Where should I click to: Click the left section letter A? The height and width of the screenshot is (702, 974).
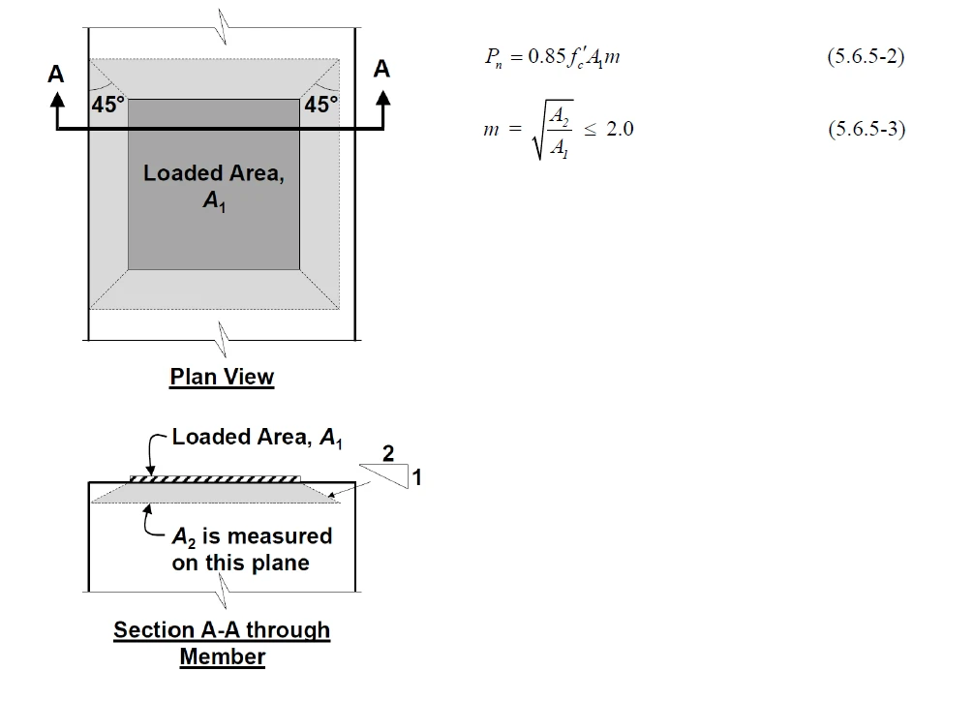[56, 74]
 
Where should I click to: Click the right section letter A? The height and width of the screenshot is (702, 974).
[381, 69]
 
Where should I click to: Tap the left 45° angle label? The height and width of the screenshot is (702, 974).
[108, 105]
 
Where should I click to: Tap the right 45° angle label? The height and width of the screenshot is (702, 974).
[321, 105]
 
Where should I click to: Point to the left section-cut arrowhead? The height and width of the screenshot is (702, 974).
[57, 99]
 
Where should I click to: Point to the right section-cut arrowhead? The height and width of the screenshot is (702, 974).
[383, 98]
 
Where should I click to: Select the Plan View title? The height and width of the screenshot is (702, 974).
[222, 377]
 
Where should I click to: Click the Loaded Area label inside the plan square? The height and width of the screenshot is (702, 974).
[214, 186]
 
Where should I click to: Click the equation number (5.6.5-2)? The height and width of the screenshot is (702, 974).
[866, 56]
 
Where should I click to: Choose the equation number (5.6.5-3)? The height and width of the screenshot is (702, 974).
[867, 129]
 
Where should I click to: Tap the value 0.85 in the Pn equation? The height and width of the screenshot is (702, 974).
[546, 56]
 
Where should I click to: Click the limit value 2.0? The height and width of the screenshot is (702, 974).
[620, 129]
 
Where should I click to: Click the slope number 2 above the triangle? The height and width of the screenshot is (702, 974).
[388, 453]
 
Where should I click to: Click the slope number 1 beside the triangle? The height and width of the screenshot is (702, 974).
[416, 477]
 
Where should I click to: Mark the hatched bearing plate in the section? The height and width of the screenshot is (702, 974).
[214, 479]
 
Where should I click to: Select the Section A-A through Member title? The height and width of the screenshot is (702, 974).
[222, 644]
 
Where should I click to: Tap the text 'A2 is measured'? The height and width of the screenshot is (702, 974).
[252, 536]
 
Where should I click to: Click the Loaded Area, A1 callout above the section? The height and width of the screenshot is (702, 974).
[257, 438]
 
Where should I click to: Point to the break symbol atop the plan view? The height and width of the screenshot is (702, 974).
[223, 27]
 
